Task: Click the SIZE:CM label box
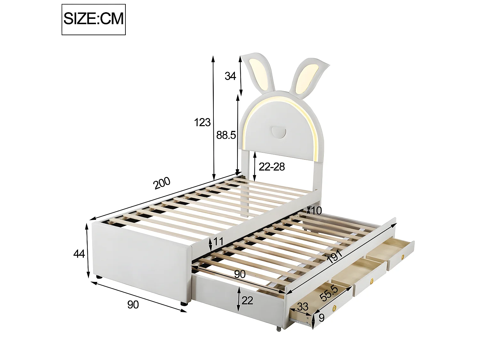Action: pos(93,19)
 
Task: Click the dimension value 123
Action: pos(202,122)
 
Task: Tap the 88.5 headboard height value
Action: pos(226,135)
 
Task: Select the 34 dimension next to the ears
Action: pos(230,76)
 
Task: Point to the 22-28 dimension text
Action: pos(271,167)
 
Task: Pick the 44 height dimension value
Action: pos(79,254)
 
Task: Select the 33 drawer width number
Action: pos(302,307)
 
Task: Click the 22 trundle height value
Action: pos(247,300)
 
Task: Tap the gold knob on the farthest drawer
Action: pos(403,256)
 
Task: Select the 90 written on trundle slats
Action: pos(240,274)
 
